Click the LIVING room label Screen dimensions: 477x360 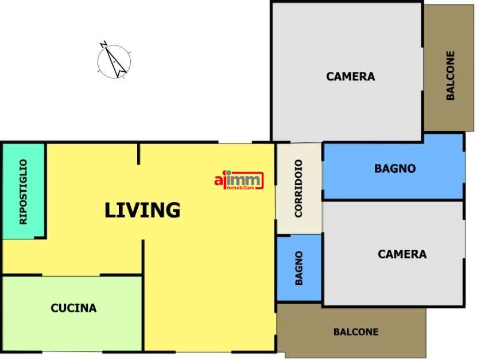tap(142, 210)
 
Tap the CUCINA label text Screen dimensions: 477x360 tap(73, 308)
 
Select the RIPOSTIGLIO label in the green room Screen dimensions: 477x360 tap(23, 192)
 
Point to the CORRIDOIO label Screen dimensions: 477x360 tap(298, 188)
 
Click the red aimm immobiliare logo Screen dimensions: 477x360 tap(239, 180)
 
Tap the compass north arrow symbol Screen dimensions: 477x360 tap(114, 61)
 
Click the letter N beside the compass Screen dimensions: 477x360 tap(103, 44)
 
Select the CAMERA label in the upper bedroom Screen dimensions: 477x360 tap(351, 76)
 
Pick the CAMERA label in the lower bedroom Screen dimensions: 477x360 tap(402, 254)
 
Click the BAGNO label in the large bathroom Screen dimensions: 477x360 tap(395, 168)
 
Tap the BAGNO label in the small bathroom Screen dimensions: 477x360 tap(298, 268)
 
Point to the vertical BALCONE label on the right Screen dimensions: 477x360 tap(450, 75)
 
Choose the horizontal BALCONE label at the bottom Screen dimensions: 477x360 tap(356, 332)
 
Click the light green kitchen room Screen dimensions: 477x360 tap(72, 313)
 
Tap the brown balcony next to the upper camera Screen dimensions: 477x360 tap(449, 68)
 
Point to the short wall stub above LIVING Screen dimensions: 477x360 tap(139, 154)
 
